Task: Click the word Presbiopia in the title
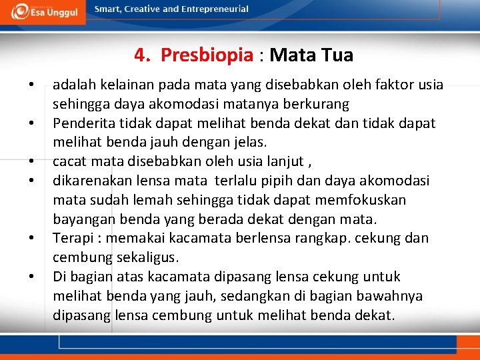pyautogui.click(x=207, y=55)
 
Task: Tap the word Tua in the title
pyautogui.click(x=337, y=55)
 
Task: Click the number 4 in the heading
pyautogui.click(x=139, y=55)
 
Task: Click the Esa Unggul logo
pyautogui.click(x=43, y=12)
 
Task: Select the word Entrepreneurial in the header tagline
pyautogui.click(x=215, y=9)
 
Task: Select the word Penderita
pyautogui.click(x=83, y=123)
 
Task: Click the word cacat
pyautogui.click(x=70, y=161)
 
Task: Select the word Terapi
pyautogui.click(x=73, y=238)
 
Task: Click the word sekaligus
pyautogui.click(x=148, y=257)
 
